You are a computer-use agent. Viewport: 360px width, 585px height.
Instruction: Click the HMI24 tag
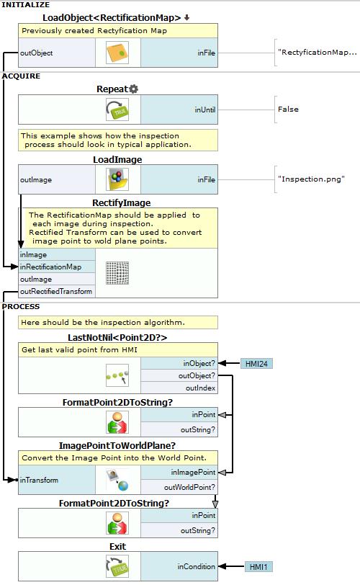pyautogui.click(x=257, y=363)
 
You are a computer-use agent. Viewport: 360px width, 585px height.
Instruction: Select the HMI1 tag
pyautogui.click(x=258, y=567)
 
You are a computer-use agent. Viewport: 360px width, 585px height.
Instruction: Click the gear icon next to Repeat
pyautogui.click(x=134, y=89)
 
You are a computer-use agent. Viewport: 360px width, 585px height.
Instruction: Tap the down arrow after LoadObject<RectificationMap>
pyautogui.click(x=186, y=17)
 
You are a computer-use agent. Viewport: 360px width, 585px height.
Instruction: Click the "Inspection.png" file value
pyautogui.click(x=311, y=179)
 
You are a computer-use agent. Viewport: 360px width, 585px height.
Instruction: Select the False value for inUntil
pyautogui.click(x=288, y=110)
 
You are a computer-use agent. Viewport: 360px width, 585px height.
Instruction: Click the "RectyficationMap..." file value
pyautogui.click(x=317, y=52)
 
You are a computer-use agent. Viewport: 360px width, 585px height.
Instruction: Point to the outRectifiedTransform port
pyautogui.click(x=57, y=291)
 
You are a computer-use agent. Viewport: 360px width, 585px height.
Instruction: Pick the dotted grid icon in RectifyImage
pyautogui.click(x=117, y=273)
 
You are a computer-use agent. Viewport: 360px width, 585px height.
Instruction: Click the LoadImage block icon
pyautogui.click(x=117, y=179)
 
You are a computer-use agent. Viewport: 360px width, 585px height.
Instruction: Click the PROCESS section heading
pyautogui.click(x=21, y=307)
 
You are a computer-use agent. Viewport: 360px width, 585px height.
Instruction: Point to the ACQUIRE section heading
pyautogui.click(x=21, y=76)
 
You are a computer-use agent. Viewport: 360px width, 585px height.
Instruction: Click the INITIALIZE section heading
pyautogui.click(x=26, y=5)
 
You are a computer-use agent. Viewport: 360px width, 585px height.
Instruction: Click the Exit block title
pyautogui.click(x=118, y=547)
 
